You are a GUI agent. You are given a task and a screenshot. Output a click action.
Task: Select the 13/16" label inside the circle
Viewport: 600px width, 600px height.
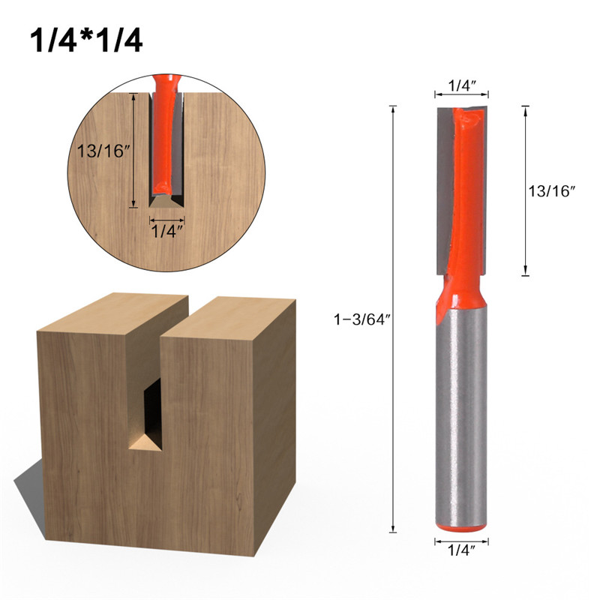click(x=103, y=149)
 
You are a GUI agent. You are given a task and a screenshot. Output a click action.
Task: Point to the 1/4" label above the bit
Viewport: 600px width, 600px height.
click(x=461, y=85)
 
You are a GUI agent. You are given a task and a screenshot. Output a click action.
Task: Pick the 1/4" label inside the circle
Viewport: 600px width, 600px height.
click(x=166, y=230)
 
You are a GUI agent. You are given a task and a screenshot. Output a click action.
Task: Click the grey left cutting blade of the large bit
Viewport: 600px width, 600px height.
click(x=445, y=187)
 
